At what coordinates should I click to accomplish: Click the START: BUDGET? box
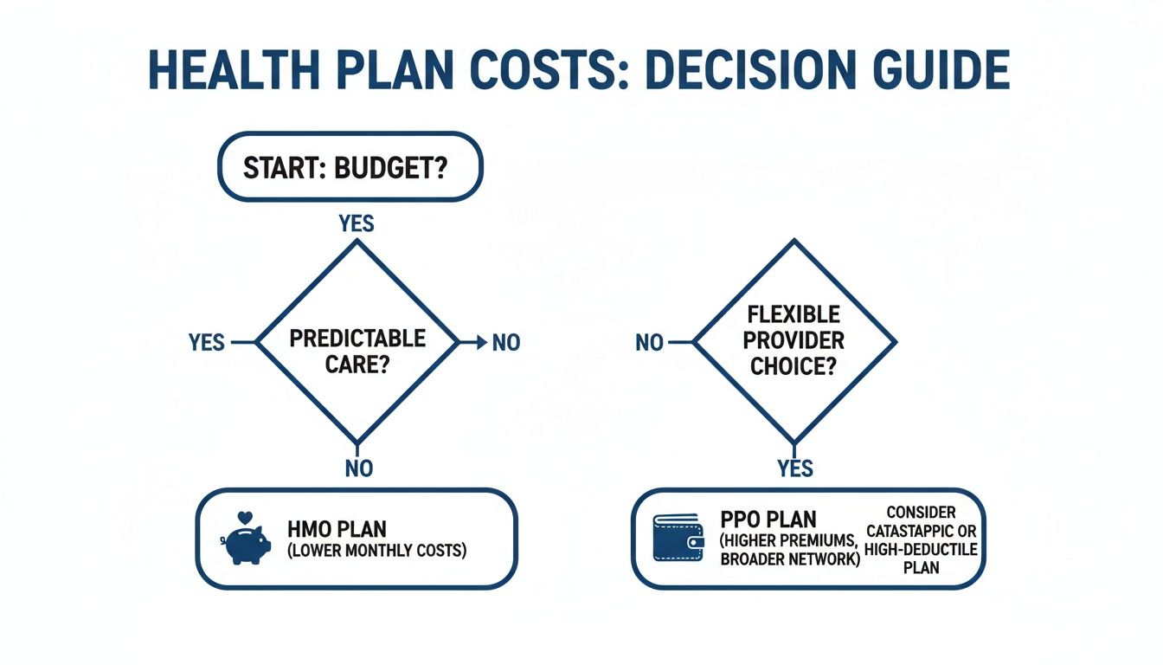pos(349,167)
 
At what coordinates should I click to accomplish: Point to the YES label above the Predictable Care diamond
pos(357,223)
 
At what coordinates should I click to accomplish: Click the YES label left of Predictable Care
pos(207,343)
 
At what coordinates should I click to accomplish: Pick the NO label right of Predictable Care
pos(505,343)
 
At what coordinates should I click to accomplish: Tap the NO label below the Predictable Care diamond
pos(357,468)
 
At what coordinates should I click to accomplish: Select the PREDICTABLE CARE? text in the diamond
pos(357,350)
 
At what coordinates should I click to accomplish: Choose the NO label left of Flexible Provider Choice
pos(649,343)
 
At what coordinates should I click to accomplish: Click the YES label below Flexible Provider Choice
pos(795,468)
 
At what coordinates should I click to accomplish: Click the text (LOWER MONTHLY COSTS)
pos(376,550)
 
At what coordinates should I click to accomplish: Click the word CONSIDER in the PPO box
pos(921,513)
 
